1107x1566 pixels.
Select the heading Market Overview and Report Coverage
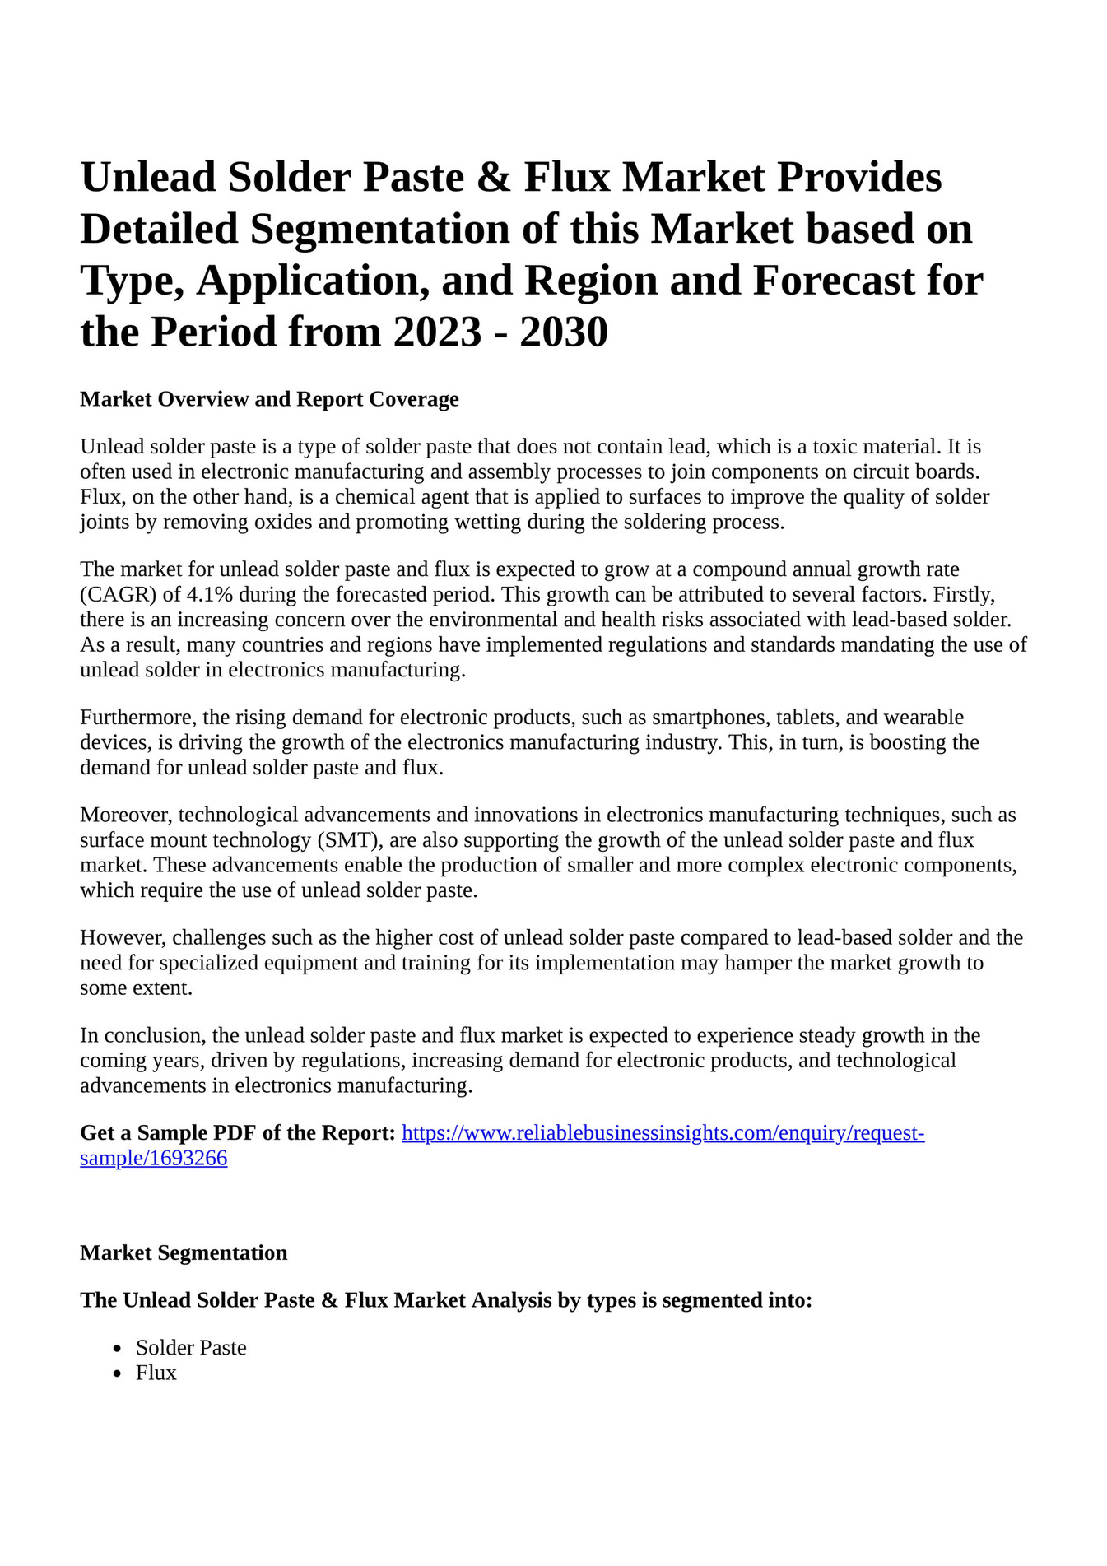pyautogui.click(x=269, y=399)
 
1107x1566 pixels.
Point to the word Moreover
pyautogui.click(x=126, y=816)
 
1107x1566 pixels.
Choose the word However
pyautogui.click(x=123, y=938)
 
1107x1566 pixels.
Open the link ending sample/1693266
pyautogui.click(x=154, y=1159)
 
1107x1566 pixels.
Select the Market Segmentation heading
pyautogui.click(x=184, y=1253)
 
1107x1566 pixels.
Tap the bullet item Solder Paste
pyautogui.click(x=191, y=1348)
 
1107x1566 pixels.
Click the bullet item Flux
pyautogui.click(x=156, y=1373)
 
